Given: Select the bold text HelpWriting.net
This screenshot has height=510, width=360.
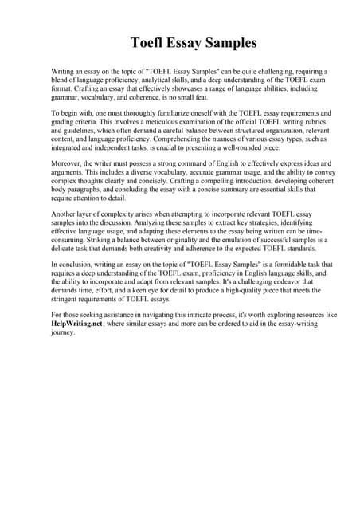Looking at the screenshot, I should click(x=78, y=326).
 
